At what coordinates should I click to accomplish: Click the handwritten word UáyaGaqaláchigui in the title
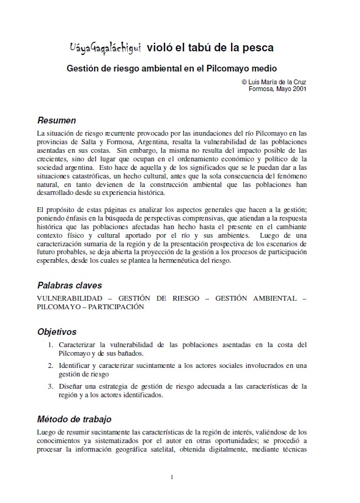point(104,47)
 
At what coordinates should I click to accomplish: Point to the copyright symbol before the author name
point(244,81)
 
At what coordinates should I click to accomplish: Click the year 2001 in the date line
point(298,88)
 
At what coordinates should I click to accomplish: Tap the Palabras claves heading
point(69,285)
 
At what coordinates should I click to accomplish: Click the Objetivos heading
point(57,332)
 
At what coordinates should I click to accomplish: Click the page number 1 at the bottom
point(172,477)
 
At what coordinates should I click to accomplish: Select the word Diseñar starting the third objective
point(72,386)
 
